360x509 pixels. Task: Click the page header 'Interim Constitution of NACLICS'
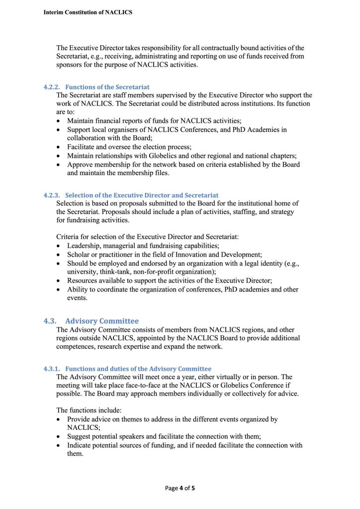pyautogui.click(x=88, y=12)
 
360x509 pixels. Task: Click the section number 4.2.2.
pyautogui.click(x=52, y=87)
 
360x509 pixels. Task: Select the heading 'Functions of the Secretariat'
pyautogui.click(x=107, y=87)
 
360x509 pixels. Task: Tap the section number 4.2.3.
pyautogui.click(x=52, y=195)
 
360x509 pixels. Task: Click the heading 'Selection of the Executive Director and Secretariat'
pyautogui.click(x=142, y=195)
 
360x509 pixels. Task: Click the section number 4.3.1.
pyautogui.click(x=52, y=369)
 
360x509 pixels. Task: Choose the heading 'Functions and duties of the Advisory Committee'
pyautogui.click(x=138, y=369)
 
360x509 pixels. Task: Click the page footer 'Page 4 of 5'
pyautogui.click(x=180, y=488)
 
